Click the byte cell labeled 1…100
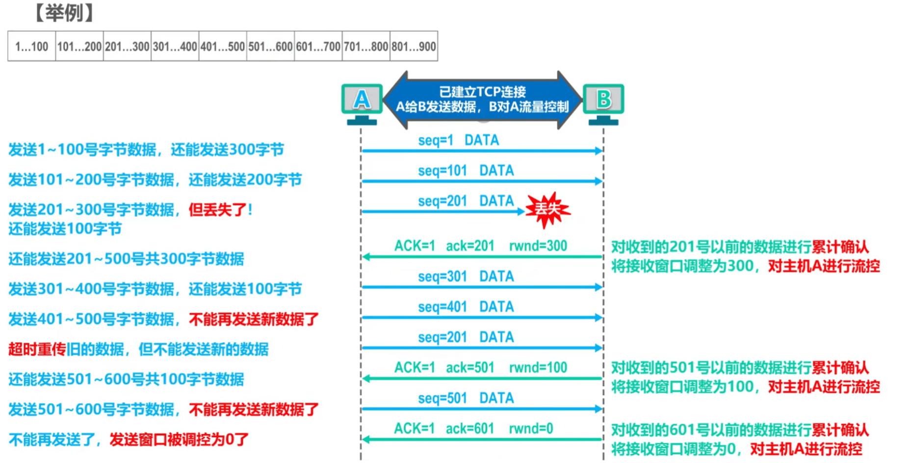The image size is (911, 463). click(x=31, y=47)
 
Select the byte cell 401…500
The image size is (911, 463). click(x=223, y=47)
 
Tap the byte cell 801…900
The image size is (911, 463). click(x=414, y=47)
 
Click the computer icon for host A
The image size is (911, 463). click(x=362, y=103)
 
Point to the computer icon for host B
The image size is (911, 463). click(x=603, y=103)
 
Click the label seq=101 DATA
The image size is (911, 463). click(x=466, y=171)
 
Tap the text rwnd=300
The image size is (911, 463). click(x=538, y=246)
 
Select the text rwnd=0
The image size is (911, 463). click(x=531, y=429)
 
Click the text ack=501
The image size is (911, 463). click(x=469, y=367)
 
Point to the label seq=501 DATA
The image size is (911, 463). click(x=466, y=398)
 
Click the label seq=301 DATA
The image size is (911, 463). click(x=466, y=276)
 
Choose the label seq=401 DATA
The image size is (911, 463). click(x=466, y=307)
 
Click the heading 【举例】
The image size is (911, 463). click(x=64, y=13)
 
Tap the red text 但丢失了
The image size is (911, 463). click(x=218, y=210)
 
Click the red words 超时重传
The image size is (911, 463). click(x=37, y=349)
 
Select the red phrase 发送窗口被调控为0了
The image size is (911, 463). click(x=179, y=439)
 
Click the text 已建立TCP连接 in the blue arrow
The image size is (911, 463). click(x=482, y=92)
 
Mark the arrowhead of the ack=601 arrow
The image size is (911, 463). click(x=365, y=439)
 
